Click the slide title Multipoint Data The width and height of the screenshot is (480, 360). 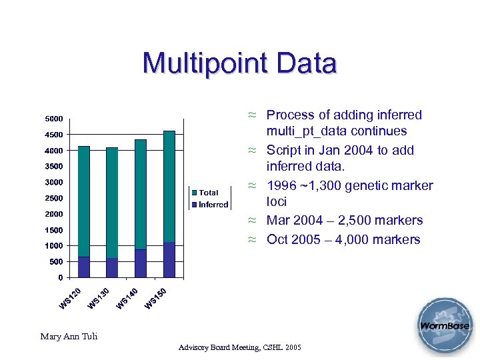point(239,64)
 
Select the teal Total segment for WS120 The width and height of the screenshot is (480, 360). point(84,201)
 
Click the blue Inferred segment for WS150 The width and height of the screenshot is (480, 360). point(169,259)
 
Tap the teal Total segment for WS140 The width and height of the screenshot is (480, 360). point(141,194)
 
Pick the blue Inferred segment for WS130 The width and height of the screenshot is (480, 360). point(112,267)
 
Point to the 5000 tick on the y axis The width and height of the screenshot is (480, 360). point(54,119)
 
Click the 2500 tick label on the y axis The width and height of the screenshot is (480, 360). point(54,198)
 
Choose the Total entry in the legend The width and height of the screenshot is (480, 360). point(209,193)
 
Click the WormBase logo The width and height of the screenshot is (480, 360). point(444,326)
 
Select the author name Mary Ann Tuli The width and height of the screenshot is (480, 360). point(69,336)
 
